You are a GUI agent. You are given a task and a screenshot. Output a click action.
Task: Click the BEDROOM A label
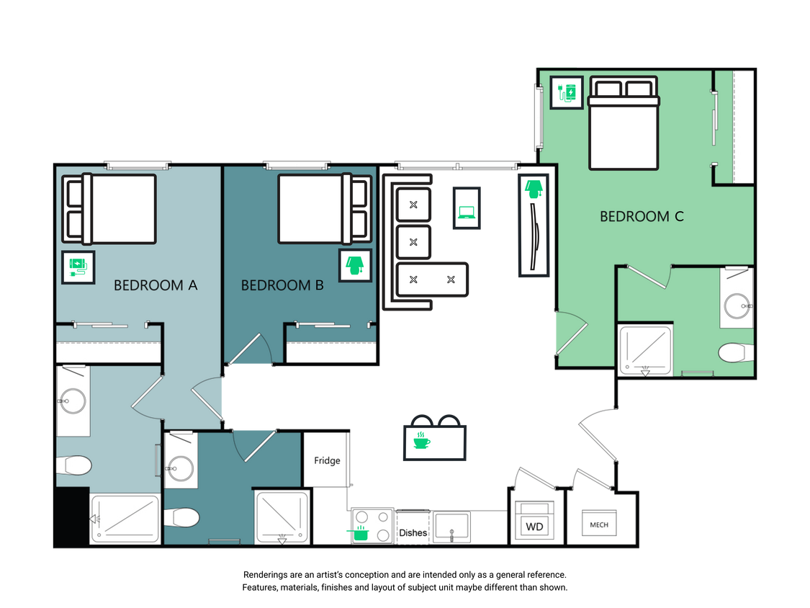[x=156, y=285]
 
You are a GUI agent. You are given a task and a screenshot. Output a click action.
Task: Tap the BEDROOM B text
[x=282, y=285]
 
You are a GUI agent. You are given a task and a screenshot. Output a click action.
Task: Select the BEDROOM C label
[x=642, y=216]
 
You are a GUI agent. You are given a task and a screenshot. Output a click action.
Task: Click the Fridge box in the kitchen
[x=327, y=460]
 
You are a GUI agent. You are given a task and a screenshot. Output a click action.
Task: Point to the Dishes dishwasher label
[x=413, y=533]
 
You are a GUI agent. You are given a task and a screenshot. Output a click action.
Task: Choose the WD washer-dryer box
[x=534, y=527]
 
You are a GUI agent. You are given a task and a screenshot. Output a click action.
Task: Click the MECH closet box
[x=599, y=524]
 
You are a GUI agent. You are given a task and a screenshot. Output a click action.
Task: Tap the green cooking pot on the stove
[x=359, y=533]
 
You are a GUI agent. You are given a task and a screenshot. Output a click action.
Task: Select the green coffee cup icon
[x=420, y=441]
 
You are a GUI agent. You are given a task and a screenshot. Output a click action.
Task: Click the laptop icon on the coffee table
[x=467, y=212]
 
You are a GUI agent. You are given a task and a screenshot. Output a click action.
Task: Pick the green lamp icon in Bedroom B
[x=354, y=266]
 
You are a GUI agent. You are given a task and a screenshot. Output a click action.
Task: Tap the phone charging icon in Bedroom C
[x=567, y=93]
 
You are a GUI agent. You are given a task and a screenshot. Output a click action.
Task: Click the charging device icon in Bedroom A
[x=78, y=267]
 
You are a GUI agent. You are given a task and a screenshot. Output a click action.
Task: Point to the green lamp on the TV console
[x=533, y=189]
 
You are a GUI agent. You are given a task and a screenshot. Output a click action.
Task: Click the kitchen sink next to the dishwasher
[x=451, y=527]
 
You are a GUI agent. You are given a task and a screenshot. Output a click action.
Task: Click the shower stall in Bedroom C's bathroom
[x=646, y=350]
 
